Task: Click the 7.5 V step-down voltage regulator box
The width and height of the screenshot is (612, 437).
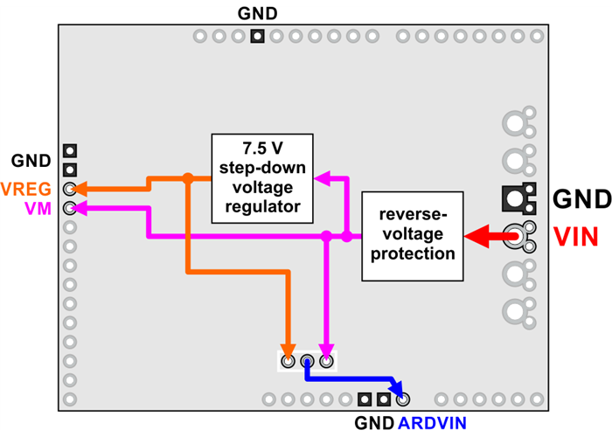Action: [x=262, y=177]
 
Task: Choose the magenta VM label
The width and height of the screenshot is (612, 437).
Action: [x=38, y=208]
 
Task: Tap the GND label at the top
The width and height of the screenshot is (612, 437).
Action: [x=257, y=14]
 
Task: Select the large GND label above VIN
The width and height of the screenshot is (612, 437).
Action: [x=581, y=200]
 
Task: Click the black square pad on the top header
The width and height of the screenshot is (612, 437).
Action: [x=257, y=37]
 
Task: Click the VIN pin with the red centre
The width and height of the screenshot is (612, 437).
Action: [x=518, y=234]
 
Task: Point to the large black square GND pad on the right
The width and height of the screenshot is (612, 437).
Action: [x=518, y=198]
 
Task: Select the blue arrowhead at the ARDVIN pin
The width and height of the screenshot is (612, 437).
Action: [x=397, y=390]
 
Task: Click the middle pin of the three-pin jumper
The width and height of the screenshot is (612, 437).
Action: [x=307, y=360]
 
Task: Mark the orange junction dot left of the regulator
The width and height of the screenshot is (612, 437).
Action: [x=187, y=178]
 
